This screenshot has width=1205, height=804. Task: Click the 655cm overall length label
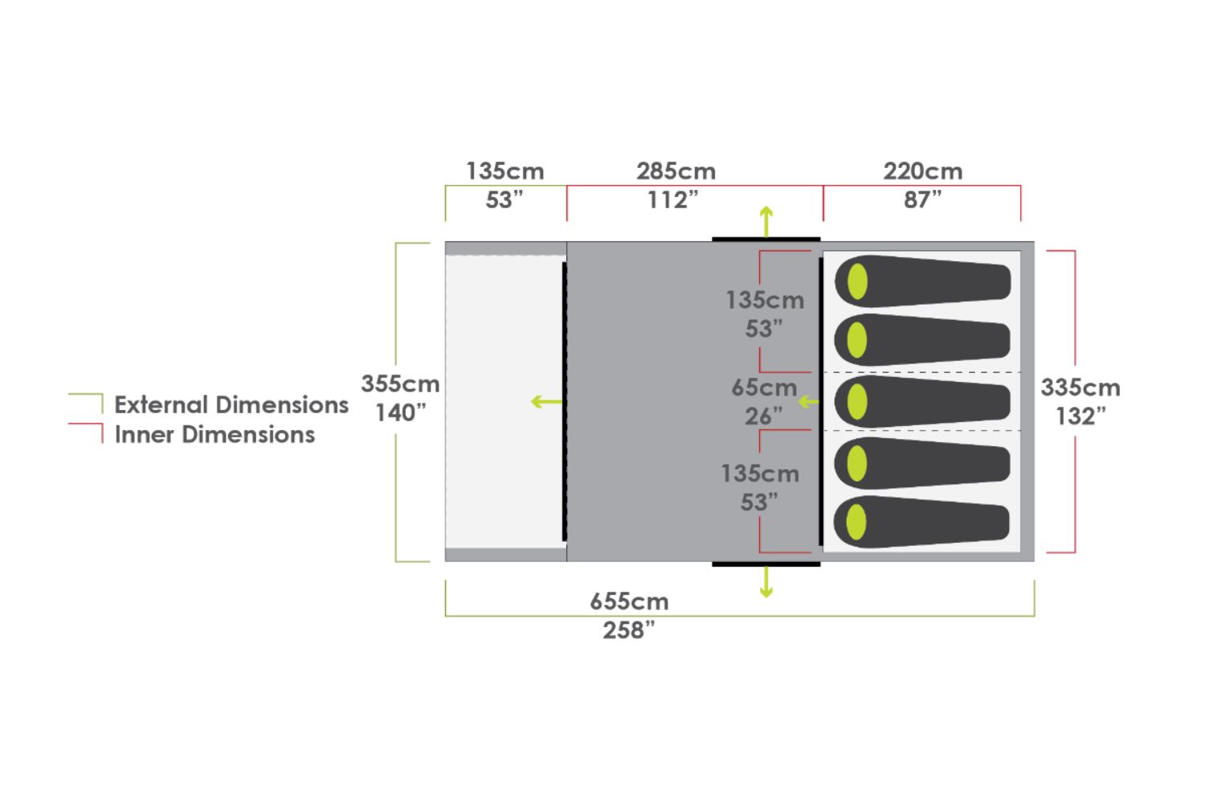pos(629,601)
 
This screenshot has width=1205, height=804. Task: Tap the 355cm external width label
pos(400,384)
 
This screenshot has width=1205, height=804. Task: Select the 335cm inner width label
pos(1080,388)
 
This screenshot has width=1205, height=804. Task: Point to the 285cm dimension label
pos(676,171)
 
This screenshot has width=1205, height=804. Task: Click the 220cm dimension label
pos(922,171)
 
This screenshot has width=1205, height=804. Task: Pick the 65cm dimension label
pos(763,388)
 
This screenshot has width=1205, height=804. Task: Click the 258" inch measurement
pos(629,630)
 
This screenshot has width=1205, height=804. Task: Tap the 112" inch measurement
pos(673,199)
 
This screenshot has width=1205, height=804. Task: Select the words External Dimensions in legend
pos(231,404)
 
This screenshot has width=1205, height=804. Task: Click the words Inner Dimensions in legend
pos(214,434)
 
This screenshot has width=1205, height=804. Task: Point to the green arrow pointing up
pos(766,220)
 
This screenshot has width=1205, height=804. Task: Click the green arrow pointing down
pos(766,582)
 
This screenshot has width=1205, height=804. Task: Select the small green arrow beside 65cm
pos(808,401)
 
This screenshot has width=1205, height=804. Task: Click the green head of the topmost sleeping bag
pos(858,281)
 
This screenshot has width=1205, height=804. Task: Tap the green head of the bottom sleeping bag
pos(857,522)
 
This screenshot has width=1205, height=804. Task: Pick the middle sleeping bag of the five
pos(924,401)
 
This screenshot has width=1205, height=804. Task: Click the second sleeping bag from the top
pos(924,340)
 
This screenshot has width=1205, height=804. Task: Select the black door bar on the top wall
pos(766,239)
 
